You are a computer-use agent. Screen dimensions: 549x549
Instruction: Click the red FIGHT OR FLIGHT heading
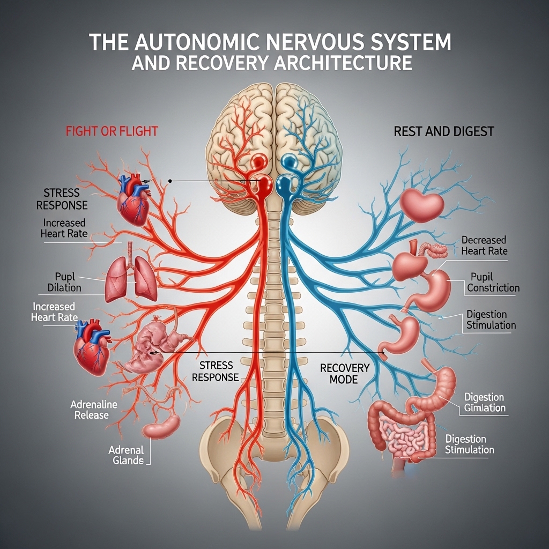(x=112, y=131)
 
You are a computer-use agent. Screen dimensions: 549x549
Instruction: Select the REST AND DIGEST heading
(x=443, y=131)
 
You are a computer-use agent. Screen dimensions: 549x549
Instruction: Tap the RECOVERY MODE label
(x=344, y=374)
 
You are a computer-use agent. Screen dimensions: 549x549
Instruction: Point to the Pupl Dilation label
(x=64, y=282)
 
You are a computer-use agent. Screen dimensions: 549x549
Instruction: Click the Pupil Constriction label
(x=493, y=282)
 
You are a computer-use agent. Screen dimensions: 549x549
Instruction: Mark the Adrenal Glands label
(x=126, y=455)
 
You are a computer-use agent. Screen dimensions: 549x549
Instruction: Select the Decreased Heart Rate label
(x=484, y=246)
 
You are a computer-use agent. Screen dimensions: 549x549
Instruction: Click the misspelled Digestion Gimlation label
(x=484, y=403)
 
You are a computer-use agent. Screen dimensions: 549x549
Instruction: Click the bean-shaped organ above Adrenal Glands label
(x=162, y=426)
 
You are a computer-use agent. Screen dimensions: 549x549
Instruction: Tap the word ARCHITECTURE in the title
(x=344, y=63)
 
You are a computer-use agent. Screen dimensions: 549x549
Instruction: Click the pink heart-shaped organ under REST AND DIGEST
(x=421, y=204)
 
